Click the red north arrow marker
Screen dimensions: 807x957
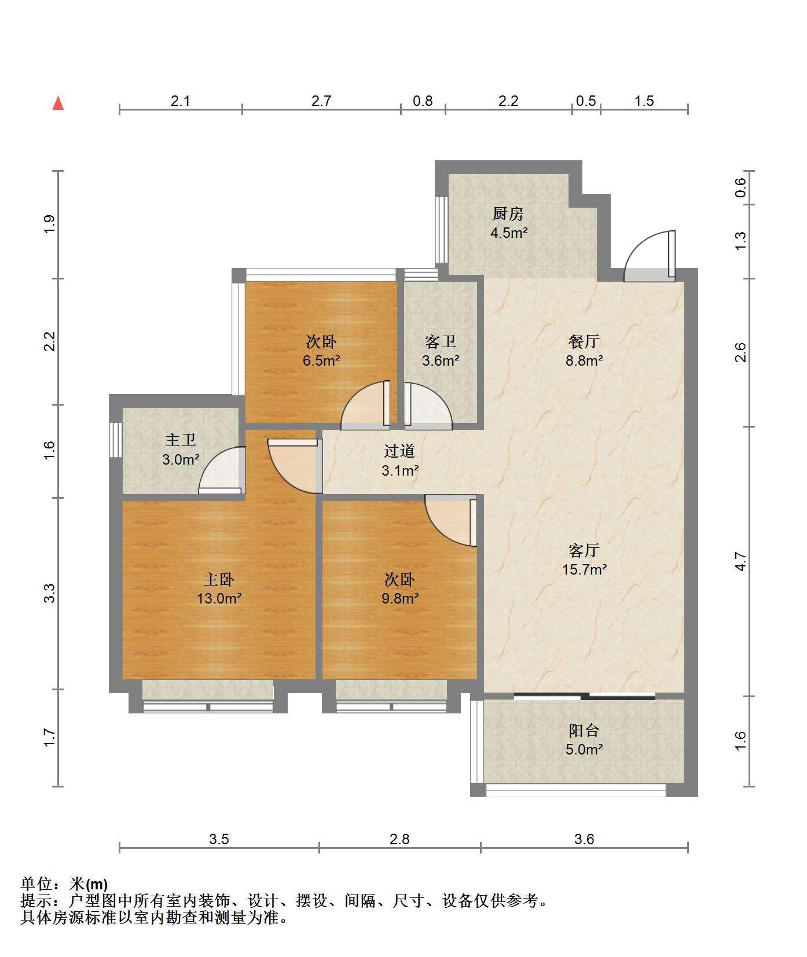[58, 103]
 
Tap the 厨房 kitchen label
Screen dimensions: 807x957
[508, 214]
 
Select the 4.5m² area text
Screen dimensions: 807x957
[508, 233]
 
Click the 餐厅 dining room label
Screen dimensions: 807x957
[584, 341]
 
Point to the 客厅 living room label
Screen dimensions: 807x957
[584, 550]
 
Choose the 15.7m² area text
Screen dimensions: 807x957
[584, 569]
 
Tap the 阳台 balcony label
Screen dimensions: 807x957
[584, 730]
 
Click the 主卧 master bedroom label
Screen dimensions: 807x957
[219, 579]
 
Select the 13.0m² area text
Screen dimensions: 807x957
[219, 598]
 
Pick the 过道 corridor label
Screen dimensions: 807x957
[399, 451]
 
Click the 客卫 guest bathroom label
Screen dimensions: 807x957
[440, 341]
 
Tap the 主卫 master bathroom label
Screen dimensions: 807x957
[181, 440]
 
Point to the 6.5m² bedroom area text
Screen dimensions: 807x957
[321, 360]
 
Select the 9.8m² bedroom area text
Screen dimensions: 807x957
[399, 598]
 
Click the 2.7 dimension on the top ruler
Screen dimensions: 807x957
[321, 101]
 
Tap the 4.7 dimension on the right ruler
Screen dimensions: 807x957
[740, 561]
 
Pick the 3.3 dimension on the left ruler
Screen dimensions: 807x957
[50, 594]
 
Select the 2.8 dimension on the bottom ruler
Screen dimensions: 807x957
[399, 839]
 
